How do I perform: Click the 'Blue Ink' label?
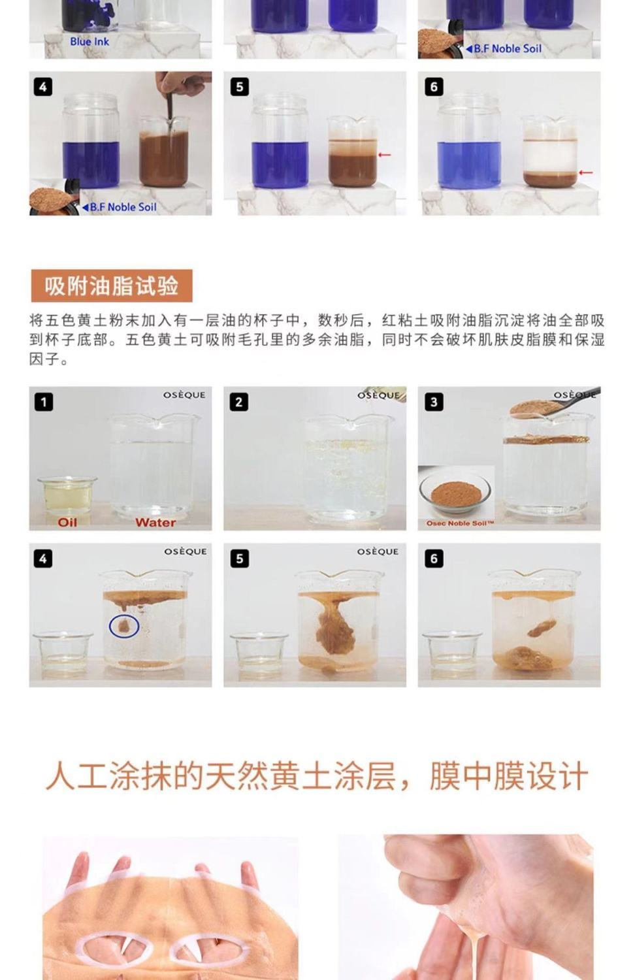point(89,42)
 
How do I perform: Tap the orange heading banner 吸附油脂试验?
point(112,286)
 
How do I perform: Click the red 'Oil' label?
point(67,523)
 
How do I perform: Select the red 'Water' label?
point(155,523)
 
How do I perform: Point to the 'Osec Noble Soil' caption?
point(460,523)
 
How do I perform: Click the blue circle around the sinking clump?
point(124,626)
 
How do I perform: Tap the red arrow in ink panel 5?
point(385,154)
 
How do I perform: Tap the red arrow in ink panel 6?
point(586,172)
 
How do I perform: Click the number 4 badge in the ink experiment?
point(43,87)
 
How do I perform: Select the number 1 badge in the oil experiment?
point(44,402)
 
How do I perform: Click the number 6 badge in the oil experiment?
point(434,559)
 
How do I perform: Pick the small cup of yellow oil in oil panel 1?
point(67,496)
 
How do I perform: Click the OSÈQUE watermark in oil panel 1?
point(184,395)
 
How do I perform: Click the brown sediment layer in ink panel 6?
point(551,180)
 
